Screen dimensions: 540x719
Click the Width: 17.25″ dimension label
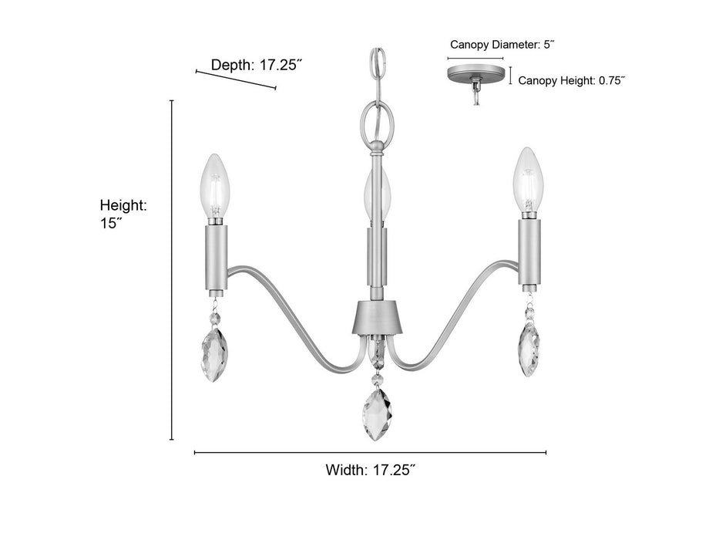pyautogui.click(x=371, y=469)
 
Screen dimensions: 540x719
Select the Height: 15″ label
pyautogui.click(x=123, y=214)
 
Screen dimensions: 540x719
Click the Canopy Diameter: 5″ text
pyautogui.click(x=502, y=45)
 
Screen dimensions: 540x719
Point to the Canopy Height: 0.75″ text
pyautogui.click(x=571, y=80)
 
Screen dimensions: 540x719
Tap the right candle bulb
pyautogui.click(x=527, y=182)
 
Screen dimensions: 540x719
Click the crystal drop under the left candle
pyautogui.click(x=215, y=351)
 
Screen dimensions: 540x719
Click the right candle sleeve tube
pyautogui.click(x=528, y=250)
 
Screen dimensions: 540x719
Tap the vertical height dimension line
pyautogui.click(x=172, y=270)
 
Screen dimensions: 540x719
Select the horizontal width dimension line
pyautogui.click(x=370, y=452)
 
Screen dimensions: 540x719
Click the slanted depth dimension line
pyautogui.click(x=236, y=79)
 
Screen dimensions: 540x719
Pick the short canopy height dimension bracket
pyautogui.click(x=509, y=75)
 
